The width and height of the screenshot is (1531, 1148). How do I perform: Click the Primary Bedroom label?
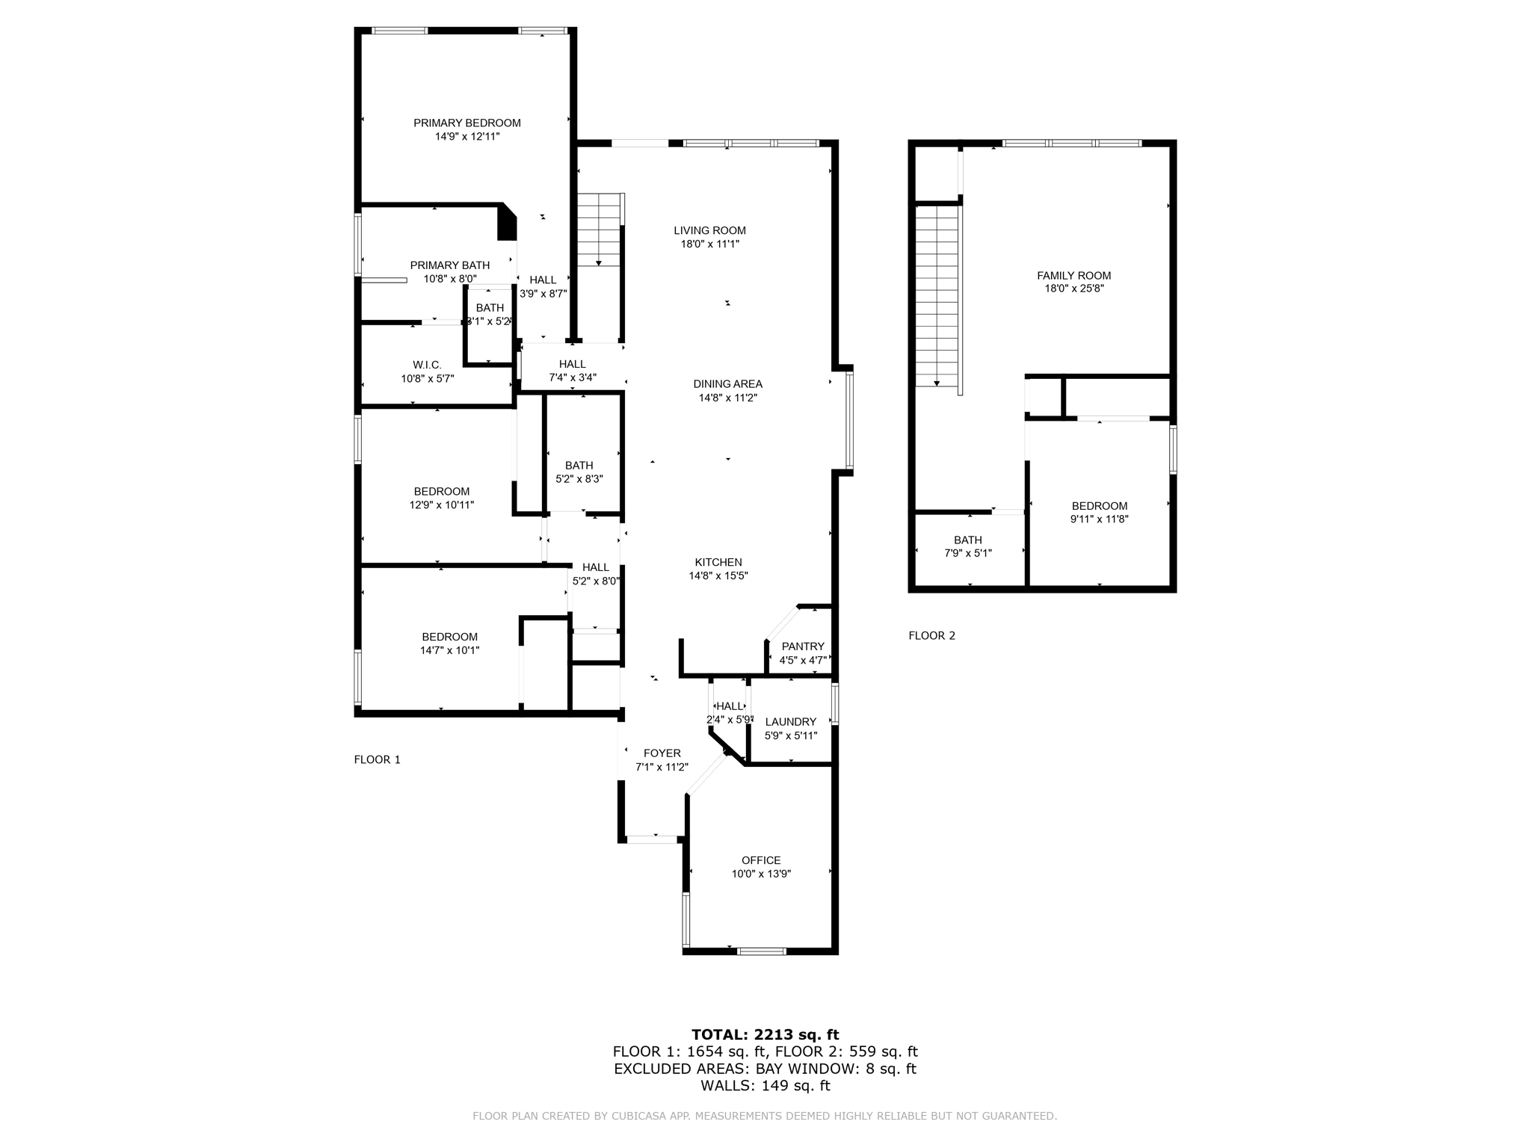click(x=466, y=123)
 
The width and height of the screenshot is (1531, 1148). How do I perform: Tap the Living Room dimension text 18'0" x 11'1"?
click(x=709, y=244)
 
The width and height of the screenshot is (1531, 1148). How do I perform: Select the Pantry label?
click(x=803, y=646)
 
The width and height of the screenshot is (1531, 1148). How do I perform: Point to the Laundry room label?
click(x=790, y=722)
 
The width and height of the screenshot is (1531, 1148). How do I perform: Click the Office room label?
click(x=761, y=860)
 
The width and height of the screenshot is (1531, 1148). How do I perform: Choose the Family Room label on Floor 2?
click(x=1073, y=275)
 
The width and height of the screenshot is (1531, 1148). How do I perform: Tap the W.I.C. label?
click(x=427, y=365)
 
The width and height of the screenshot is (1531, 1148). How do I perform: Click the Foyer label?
click(x=662, y=753)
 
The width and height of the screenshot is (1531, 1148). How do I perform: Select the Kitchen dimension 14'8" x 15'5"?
click(x=718, y=576)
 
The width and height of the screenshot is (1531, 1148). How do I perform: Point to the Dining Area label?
click(x=727, y=384)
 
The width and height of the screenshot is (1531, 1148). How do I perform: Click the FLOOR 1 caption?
click(x=377, y=760)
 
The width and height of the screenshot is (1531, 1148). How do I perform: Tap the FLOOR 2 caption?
click(x=931, y=636)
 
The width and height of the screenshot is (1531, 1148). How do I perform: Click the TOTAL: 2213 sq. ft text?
click(x=765, y=1035)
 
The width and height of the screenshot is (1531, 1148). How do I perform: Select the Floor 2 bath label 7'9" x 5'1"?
click(x=967, y=554)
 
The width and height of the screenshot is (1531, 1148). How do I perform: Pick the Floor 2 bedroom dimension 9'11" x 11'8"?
click(x=1099, y=519)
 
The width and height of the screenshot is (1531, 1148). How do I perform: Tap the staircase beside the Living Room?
click(x=599, y=229)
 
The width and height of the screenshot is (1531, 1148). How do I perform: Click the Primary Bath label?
click(x=449, y=265)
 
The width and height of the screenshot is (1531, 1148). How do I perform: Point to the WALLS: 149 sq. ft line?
click(x=765, y=1086)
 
